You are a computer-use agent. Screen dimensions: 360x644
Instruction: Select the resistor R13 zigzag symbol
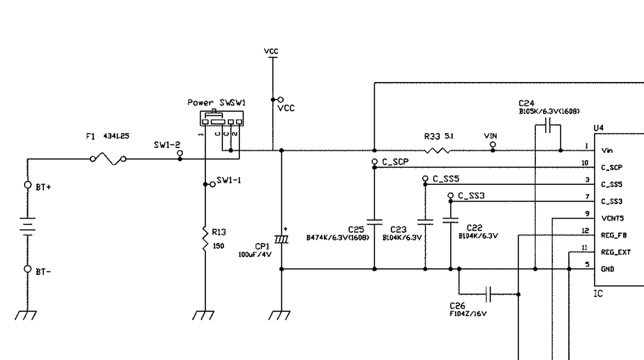tap(205, 239)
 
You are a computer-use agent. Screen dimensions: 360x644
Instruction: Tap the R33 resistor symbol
tap(437, 150)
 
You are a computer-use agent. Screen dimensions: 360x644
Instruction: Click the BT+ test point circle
tap(28, 185)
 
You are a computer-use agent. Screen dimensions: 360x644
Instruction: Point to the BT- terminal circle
tap(28, 269)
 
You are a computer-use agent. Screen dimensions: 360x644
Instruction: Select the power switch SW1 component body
tap(221, 119)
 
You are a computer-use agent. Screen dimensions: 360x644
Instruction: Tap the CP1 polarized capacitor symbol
tap(282, 239)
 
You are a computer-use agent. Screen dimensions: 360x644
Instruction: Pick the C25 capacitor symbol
tap(374, 221)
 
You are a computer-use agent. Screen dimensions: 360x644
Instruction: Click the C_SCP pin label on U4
tap(611, 167)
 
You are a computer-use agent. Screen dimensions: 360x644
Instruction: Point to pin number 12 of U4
tap(585, 231)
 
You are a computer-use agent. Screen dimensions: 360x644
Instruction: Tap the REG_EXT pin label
tap(615, 252)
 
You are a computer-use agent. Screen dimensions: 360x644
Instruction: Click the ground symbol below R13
tap(205, 315)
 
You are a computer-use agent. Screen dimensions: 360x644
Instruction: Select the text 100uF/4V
tap(255, 255)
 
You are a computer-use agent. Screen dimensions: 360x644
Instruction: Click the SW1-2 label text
tap(167, 145)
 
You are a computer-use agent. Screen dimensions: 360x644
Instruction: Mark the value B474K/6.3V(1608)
tap(338, 237)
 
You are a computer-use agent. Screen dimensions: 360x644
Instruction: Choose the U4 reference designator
tap(599, 128)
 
